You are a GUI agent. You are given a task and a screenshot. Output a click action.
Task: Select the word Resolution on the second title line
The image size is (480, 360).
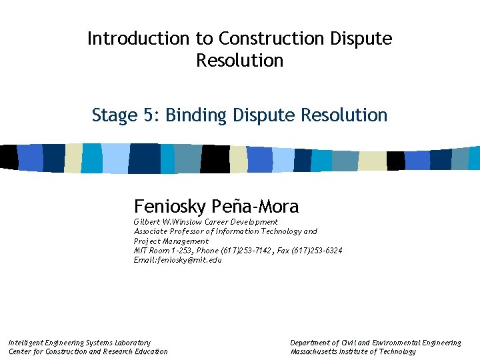(x=240, y=61)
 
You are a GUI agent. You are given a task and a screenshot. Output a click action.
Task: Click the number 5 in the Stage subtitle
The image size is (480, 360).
(x=149, y=115)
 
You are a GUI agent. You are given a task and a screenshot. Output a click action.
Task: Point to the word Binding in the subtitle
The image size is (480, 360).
(x=197, y=115)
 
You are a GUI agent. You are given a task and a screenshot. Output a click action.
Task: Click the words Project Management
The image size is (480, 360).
(x=171, y=241)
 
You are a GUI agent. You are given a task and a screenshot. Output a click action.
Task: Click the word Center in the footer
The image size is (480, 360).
(x=21, y=351)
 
